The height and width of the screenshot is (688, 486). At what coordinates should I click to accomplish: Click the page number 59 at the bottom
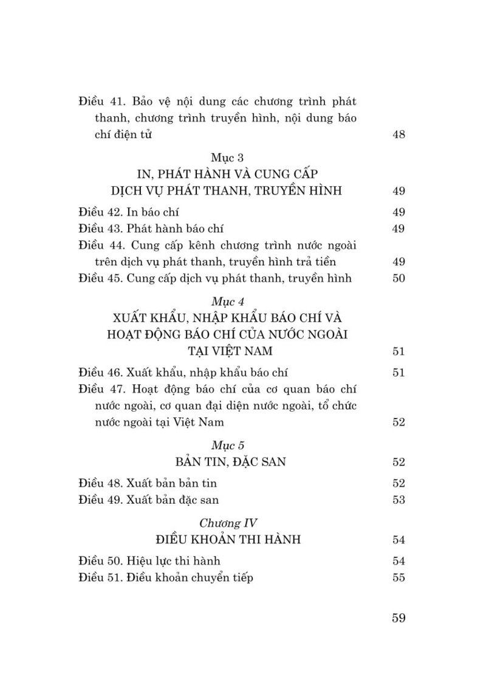pyautogui.click(x=399, y=619)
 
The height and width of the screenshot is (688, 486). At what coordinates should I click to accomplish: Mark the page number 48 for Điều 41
pyautogui.click(x=399, y=135)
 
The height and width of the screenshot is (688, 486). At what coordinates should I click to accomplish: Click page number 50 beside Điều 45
pyautogui.click(x=399, y=279)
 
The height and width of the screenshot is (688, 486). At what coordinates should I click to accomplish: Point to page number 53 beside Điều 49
pyautogui.click(x=399, y=500)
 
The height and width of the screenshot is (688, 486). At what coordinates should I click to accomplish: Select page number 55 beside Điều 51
pyautogui.click(x=399, y=578)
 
